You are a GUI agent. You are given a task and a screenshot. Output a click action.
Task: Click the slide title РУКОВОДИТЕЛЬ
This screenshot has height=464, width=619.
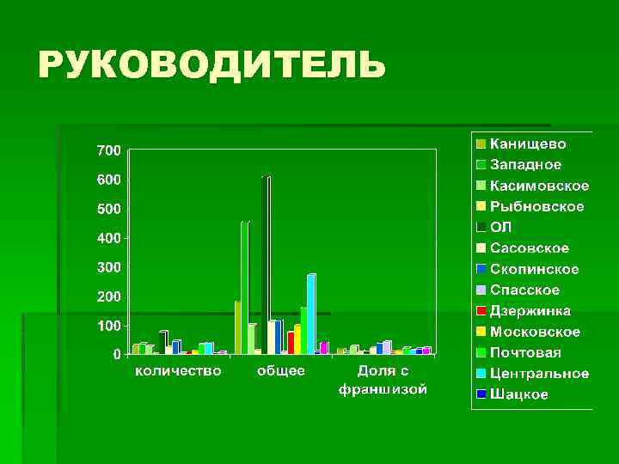pyautogui.click(x=210, y=65)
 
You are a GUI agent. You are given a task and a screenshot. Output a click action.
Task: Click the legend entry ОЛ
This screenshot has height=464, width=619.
pyautogui.click(x=500, y=227)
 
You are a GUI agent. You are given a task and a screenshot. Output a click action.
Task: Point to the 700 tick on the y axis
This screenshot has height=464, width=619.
pyautogui.click(x=108, y=151)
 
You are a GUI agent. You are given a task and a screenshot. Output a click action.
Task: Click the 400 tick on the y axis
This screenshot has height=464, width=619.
pyautogui.click(x=108, y=238)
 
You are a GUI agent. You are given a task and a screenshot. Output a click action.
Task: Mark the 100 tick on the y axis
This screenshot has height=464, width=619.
pyautogui.click(x=108, y=326)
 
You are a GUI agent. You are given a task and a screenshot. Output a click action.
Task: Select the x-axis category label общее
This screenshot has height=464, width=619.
pyautogui.click(x=280, y=371)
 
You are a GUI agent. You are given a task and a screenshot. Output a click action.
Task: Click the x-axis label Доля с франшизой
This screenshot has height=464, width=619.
pyautogui.click(x=383, y=380)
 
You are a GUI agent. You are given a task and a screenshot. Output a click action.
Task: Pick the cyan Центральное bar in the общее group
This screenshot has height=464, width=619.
pyautogui.click(x=310, y=314)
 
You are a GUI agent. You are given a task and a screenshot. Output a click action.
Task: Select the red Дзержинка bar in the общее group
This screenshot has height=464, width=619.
pyautogui.click(x=291, y=342)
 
